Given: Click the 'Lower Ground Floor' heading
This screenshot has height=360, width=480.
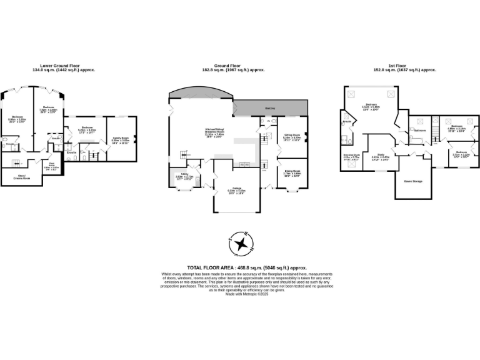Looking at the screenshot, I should click(67, 66).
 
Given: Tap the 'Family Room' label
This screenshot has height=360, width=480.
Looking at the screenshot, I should click(121, 137).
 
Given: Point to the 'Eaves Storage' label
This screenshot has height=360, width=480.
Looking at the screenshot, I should click(413, 181).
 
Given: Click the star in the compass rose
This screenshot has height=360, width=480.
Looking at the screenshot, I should click(240, 244).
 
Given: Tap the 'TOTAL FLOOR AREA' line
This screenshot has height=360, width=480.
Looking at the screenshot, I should click(247, 267).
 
